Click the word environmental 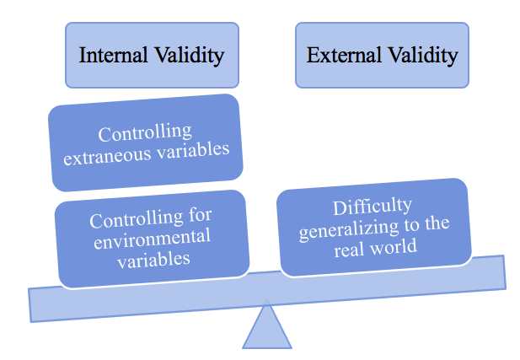point(152,239)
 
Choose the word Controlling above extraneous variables point(144,133)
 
